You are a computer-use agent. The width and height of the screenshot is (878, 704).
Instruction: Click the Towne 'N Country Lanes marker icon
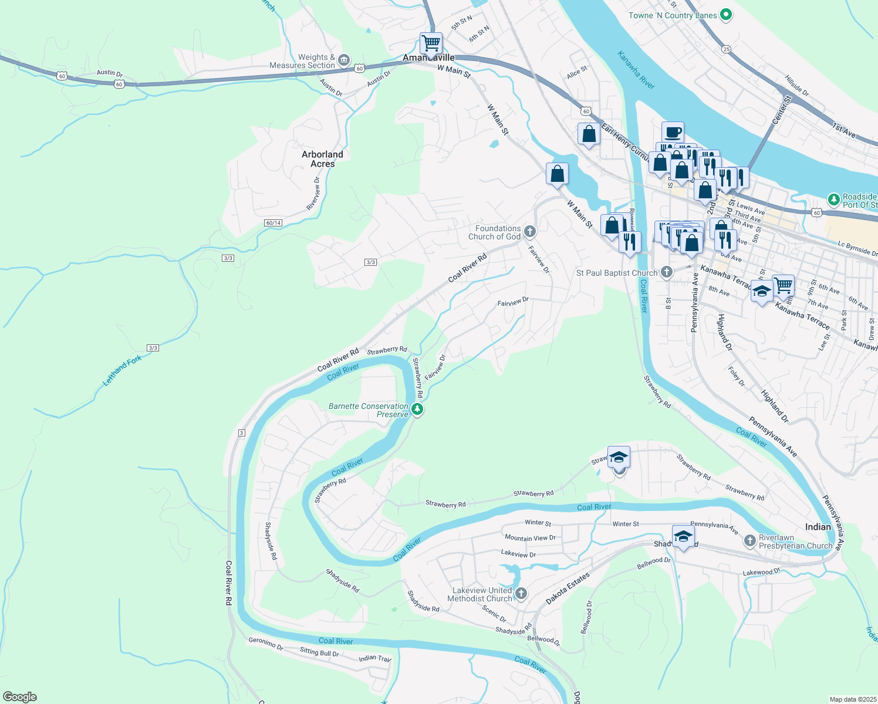point(726,15)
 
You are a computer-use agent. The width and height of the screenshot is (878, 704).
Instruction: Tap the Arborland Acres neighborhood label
point(322,159)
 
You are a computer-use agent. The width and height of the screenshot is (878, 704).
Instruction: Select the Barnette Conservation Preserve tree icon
point(417,409)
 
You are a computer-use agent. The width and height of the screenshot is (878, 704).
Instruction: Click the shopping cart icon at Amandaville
point(431,43)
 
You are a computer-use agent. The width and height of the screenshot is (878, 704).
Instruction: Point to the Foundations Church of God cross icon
point(530,232)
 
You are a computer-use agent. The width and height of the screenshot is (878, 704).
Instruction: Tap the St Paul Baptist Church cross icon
point(666,272)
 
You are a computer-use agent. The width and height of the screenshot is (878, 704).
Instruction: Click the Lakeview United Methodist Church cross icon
point(521,594)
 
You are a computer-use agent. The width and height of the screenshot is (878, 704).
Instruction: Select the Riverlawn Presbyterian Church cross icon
point(749,541)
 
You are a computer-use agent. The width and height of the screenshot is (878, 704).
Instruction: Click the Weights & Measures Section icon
point(344,60)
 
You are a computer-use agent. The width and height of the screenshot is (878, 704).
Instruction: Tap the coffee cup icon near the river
point(673,132)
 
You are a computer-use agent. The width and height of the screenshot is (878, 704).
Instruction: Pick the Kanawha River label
point(636,70)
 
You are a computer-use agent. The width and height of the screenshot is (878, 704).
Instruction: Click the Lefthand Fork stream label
point(122,371)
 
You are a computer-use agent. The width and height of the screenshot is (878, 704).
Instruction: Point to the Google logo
point(20,696)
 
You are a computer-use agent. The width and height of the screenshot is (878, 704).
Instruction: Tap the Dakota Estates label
point(568,589)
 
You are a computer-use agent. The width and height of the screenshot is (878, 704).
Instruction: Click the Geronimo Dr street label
point(266,644)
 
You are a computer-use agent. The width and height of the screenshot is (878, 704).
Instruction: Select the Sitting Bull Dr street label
point(319,652)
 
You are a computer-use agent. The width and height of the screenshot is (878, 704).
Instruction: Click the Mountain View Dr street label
point(530,537)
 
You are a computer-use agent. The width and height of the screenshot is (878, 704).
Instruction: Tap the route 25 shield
point(727,49)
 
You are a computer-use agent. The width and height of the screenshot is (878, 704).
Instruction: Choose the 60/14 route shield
point(273,223)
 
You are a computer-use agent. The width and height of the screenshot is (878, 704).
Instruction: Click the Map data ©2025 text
point(852,699)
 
